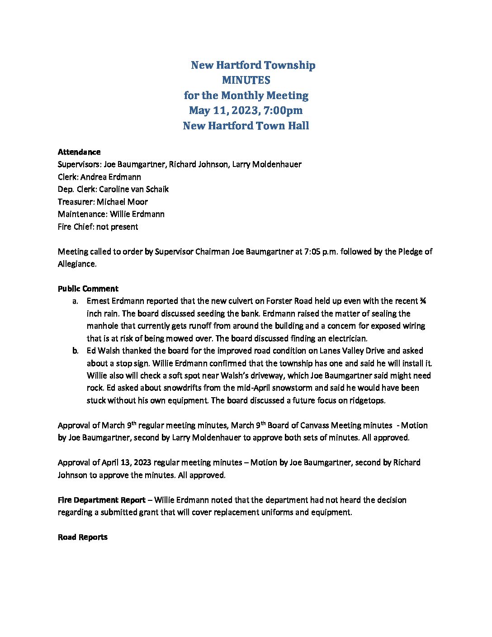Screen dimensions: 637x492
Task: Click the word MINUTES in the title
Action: click(x=246, y=80)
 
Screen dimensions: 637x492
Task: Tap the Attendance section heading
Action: click(x=79, y=152)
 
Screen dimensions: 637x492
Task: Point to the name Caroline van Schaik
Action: click(x=134, y=189)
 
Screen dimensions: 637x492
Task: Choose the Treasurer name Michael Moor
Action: click(x=122, y=202)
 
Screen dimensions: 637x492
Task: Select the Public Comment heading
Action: click(x=88, y=289)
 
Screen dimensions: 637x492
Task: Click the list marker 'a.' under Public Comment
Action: click(x=76, y=301)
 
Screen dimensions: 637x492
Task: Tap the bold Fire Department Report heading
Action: click(x=102, y=500)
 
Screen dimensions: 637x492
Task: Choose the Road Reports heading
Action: click(x=83, y=537)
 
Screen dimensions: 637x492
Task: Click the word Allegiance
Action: click(x=77, y=264)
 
